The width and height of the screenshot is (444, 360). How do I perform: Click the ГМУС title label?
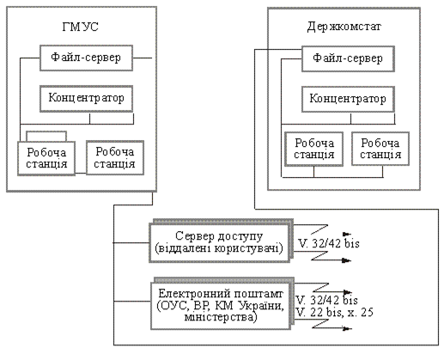point(80,27)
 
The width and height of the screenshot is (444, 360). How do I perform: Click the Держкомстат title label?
point(344,27)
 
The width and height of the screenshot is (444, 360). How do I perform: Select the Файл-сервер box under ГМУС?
point(86,58)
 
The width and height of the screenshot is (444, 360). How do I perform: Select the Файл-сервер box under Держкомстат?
point(348,58)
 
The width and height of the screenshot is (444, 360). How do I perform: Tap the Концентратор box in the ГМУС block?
point(86,99)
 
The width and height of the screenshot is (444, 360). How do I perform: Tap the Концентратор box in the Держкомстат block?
point(348,99)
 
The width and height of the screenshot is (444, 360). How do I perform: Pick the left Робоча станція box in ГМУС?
point(46,158)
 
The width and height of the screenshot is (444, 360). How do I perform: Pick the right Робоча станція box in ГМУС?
point(115,157)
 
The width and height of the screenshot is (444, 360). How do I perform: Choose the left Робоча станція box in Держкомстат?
point(314,149)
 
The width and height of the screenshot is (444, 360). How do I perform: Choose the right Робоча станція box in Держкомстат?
point(380,149)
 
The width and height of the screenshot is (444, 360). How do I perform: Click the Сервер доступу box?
point(220,243)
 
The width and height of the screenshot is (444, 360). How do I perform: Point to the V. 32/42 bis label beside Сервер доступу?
point(329,243)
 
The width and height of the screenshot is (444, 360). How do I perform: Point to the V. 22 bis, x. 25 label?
point(334,312)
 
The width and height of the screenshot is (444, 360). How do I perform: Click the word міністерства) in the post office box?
point(220,317)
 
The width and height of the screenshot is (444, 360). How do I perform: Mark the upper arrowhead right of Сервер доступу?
point(347,234)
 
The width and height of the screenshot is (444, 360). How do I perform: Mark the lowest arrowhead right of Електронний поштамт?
point(348,329)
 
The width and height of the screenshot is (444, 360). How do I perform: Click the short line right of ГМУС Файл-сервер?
point(143,58)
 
